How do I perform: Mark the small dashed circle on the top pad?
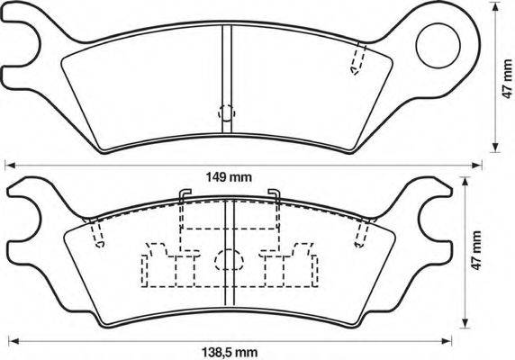(227, 112)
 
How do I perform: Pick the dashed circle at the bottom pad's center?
(229, 259)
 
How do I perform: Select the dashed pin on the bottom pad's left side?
(98, 232)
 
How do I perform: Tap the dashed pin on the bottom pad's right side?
(361, 232)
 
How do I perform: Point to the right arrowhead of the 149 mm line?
(476, 164)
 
